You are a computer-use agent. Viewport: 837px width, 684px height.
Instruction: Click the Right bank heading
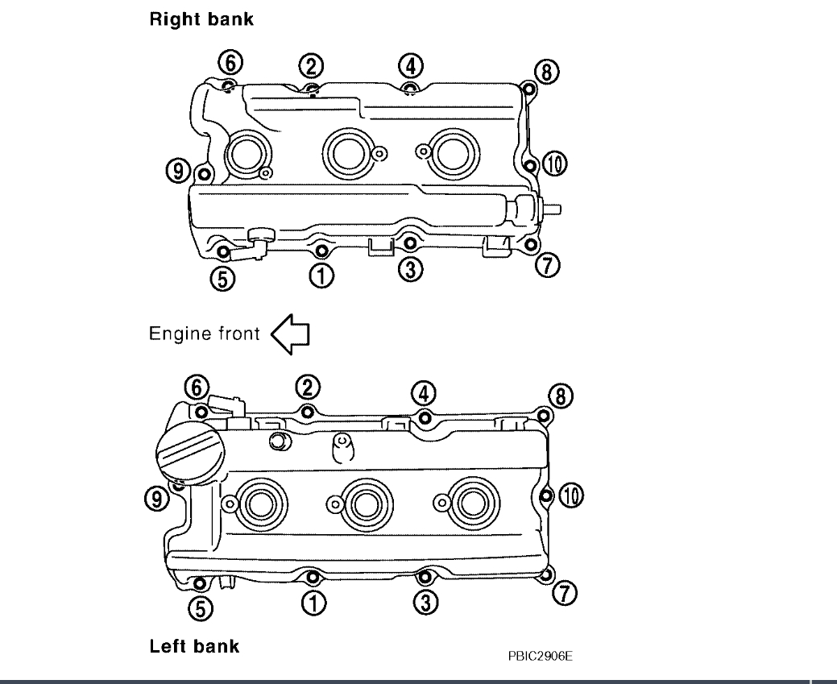tap(201, 21)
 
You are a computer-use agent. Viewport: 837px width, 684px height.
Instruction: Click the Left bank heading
tap(194, 645)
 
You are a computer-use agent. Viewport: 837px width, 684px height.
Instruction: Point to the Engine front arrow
tap(291, 334)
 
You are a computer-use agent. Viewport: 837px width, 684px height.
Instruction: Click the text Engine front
tap(204, 334)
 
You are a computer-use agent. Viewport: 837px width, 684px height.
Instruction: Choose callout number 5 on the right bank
tap(223, 278)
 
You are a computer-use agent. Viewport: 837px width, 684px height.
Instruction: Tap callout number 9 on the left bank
tap(161, 499)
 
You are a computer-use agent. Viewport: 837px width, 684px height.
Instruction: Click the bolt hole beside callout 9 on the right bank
tap(204, 172)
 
